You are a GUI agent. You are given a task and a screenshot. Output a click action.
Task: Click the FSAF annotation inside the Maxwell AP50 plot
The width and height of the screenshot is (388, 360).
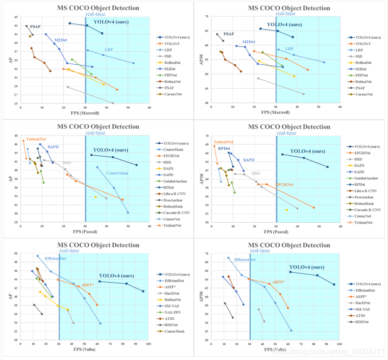click(228, 34)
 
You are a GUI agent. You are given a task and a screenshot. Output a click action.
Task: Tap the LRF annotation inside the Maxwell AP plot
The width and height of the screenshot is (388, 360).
click(109, 49)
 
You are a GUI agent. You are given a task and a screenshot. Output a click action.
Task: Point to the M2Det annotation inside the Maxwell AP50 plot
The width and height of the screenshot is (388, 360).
click(248, 42)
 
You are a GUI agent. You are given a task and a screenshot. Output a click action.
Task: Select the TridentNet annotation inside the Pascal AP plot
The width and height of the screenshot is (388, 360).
click(35, 139)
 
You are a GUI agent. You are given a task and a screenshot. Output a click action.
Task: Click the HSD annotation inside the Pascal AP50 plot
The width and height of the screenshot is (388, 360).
click(255, 173)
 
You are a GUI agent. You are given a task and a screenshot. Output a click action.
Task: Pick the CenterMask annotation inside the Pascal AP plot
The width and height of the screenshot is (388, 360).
click(117, 173)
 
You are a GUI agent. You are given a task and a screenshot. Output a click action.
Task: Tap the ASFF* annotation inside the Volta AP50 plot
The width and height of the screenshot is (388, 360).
click(278, 282)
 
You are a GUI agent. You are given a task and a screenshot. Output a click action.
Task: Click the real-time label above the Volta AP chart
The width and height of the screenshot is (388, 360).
click(69, 250)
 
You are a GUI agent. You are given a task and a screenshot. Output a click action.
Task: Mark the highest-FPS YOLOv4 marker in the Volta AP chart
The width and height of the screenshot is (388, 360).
click(143, 291)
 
